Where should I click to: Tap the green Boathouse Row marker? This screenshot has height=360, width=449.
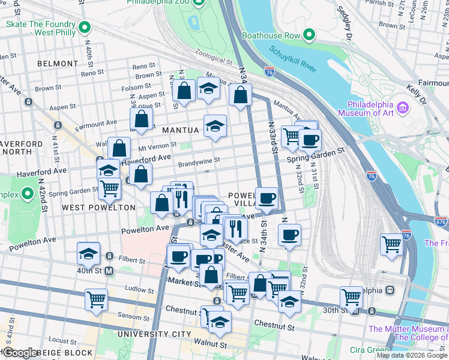coord(309,35)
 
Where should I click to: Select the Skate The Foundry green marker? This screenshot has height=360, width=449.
coord(85,28)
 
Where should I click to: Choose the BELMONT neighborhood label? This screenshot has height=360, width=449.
coord(58,63)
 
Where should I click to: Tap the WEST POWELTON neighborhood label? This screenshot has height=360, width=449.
coord(99,207)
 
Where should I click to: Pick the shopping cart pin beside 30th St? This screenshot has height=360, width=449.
coord(351,296)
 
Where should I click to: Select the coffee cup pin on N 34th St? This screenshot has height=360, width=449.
coord(267,197)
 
